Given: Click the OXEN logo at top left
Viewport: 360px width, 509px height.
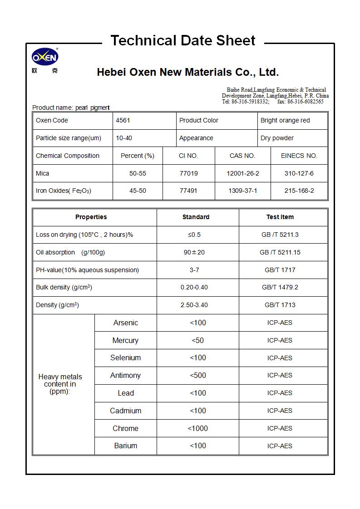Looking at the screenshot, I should pyautogui.click(x=44, y=58).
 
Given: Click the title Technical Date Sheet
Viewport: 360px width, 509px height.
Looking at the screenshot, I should pyautogui.click(x=183, y=41).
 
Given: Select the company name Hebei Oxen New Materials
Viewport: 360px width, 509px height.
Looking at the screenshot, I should pyautogui.click(x=187, y=73).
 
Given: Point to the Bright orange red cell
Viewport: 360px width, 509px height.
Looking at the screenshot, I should pyautogui.click(x=285, y=121).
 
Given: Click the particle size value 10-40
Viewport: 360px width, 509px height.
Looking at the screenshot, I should pyautogui.click(x=124, y=138).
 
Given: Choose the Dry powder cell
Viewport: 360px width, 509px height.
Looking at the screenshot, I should pyautogui.click(x=277, y=138).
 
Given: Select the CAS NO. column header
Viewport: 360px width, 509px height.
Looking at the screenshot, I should pyautogui.click(x=242, y=156).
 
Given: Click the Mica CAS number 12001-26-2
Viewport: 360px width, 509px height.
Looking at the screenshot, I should pyautogui.click(x=243, y=173).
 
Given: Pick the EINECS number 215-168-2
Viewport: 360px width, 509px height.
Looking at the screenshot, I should pyautogui.click(x=299, y=191).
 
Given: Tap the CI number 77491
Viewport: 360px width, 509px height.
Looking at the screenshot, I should pyautogui.click(x=188, y=191).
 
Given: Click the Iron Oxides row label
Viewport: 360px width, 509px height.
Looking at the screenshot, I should pyautogui.click(x=64, y=191).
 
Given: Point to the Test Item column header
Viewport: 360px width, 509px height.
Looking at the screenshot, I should pyautogui.click(x=280, y=217).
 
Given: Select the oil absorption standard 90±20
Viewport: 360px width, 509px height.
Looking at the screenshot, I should pyautogui.click(x=194, y=252).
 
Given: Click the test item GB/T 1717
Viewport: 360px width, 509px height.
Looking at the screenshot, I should pyautogui.click(x=280, y=270).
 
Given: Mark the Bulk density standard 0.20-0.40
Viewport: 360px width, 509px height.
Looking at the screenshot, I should pyautogui.click(x=194, y=288).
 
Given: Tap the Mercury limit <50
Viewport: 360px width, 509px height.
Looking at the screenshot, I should pyautogui.click(x=198, y=340).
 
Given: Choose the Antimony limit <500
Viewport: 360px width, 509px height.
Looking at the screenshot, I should pyautogui.click(x=198, y=375).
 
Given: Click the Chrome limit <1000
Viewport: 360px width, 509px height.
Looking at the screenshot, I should pyautogui.click(x=198, y=428).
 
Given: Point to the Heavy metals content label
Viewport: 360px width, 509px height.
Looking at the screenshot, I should pyautogui.click(x=60, y=384).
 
